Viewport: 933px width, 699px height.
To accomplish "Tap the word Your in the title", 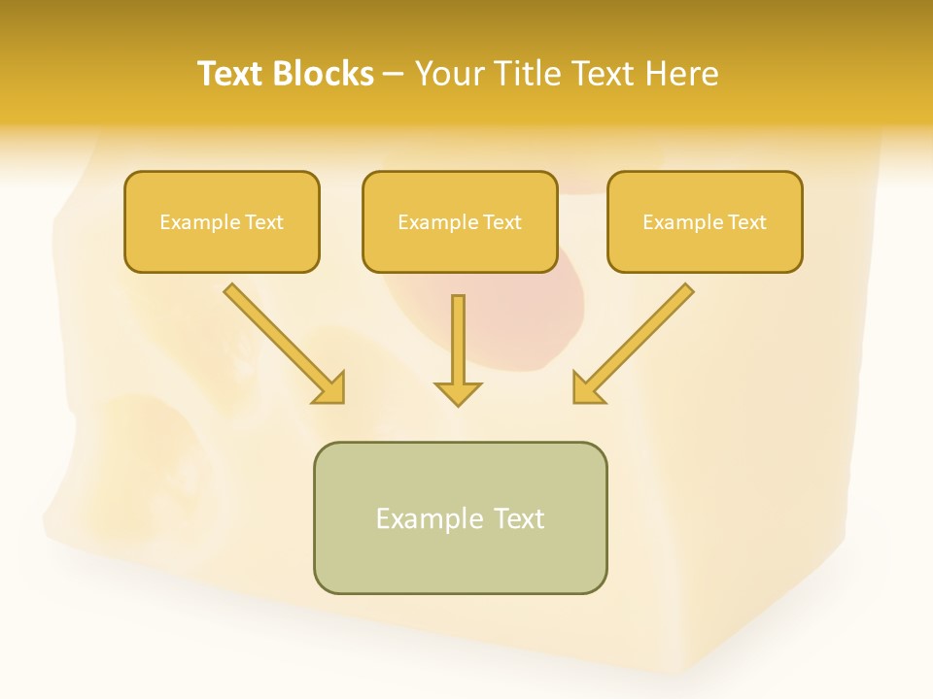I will [449, 74].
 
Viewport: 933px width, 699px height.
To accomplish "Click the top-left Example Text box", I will [222, 222].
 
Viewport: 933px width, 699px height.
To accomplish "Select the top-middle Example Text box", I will [460, 222].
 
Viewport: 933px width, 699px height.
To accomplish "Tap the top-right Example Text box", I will [705, 222].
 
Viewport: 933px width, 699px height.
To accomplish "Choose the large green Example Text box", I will [460, 517].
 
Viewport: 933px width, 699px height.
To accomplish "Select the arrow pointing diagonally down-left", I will [638, 340].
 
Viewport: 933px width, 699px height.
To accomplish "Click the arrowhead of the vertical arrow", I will [458, 393].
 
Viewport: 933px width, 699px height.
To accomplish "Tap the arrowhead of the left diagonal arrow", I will [330, 389].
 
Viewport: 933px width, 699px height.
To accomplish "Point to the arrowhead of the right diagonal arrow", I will [587, 389].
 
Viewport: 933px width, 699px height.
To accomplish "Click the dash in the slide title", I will [394, 75].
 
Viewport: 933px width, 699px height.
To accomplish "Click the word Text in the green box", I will [519, 518].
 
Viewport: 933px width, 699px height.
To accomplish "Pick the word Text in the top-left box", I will [264, 222].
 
